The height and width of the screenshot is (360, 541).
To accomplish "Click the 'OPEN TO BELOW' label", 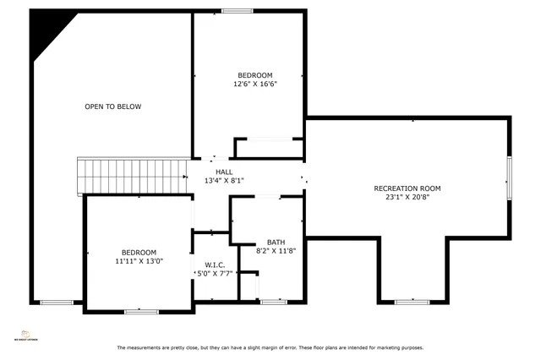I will (x=112, y=106).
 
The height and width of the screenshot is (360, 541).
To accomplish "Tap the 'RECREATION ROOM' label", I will (x=407, y=188).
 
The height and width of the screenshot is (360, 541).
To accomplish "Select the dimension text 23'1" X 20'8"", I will (x=407, y=199).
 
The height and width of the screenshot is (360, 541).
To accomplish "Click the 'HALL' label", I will (x=223, y=172).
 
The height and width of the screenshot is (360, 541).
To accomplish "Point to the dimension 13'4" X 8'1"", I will (x=223, y=180).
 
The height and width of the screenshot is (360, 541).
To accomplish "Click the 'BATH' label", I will (x=276, y=242).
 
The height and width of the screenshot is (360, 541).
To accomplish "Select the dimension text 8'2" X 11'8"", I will (x=276, y=251).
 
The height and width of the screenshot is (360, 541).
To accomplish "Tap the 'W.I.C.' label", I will (x=215, y=264).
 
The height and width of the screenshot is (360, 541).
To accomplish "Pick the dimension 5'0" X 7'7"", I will (x=215, y=273).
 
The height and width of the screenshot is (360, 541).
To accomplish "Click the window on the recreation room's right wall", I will (x=509, y=178).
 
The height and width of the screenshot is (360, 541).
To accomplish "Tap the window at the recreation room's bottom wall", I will (x=412, y=302).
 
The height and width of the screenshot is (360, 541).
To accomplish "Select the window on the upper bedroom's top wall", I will (x=238, y=11).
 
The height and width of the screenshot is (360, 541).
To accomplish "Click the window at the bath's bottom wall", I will (x=273, y=302).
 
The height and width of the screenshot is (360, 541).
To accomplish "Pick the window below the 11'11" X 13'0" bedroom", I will (x=141, y=312).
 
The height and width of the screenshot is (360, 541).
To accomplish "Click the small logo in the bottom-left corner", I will (x=25, y=334).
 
